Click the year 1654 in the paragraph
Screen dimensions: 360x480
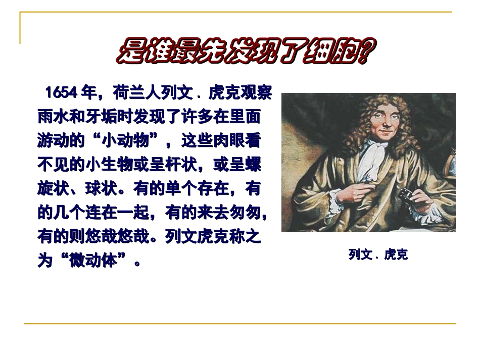pos(61,93)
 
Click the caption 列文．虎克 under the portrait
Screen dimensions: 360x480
pos(378,255)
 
